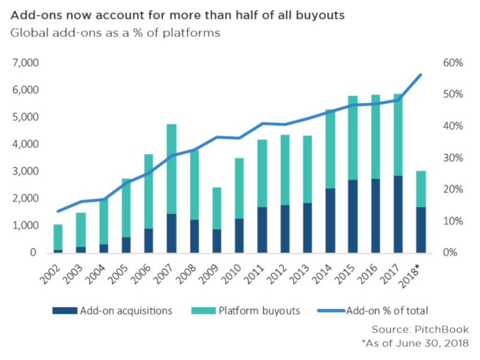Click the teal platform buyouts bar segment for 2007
171,169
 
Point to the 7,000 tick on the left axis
25,63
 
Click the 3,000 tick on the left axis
25,172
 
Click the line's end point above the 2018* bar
421,75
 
